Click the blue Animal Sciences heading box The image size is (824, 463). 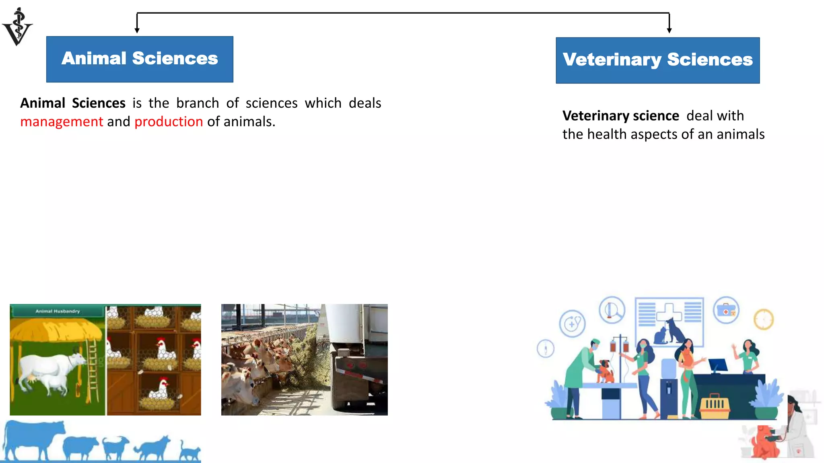tap(140, 59)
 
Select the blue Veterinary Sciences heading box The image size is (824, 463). tap(657, 60)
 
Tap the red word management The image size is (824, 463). tap(62, 121)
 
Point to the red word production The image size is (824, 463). tap(169, 121)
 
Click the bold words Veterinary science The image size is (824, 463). tap(620, 116)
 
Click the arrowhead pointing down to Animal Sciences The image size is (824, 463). tap(137, 30)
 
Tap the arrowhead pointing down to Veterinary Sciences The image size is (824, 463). tap(669, 30)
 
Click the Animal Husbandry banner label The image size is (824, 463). tap(58, 311)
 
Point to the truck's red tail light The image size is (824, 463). tap(350, 365)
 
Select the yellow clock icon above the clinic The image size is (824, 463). tap(763, 320)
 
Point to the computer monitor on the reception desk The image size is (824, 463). tap(717, 365)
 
